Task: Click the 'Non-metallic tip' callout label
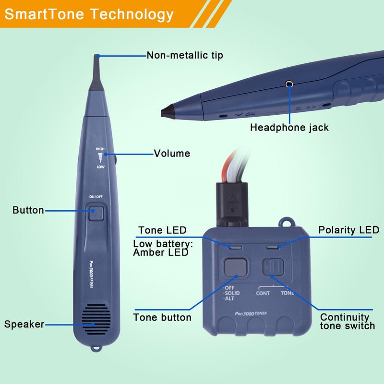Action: coord(185,55)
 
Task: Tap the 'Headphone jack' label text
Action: coord(289,128)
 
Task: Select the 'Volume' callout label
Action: coord(172,154)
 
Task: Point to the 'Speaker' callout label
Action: coord(24,324)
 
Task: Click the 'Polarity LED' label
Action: coord(348,230)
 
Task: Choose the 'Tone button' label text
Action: coord(162,317)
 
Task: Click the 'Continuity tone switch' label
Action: coord(347,322)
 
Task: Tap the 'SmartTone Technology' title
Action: coord(89,14)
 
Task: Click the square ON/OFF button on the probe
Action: coord(96,213)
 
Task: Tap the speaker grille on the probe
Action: coord(96,319)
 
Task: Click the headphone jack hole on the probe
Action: coord(289,84)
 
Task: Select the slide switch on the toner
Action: coord(274,266)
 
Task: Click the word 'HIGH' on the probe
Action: coord(100,149)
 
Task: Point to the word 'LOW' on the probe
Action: coord(100,167)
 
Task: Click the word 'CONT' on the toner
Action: coord(263,293)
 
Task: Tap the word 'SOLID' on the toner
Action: coord(232,293)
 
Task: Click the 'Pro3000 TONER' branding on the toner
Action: coord(251,313)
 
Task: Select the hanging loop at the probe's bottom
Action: coord(96,348)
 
